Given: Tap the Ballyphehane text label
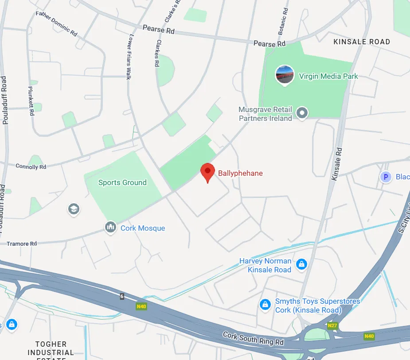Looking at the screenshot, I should click(x=240, y=173).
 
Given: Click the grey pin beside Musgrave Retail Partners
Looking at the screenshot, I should click(x=302, y=113).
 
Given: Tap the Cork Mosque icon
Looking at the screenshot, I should click(x=110, y=228).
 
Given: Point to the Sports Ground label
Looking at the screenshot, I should click(x=122, y=182).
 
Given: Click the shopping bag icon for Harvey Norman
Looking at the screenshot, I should click(x=301, y=264).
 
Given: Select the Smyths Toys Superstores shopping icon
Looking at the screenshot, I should click(x=265, y=305).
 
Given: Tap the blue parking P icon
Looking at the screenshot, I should click(x=386, y=177).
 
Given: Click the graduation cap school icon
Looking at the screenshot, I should click(x=74, y=209).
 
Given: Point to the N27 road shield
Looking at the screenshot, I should click(x=332, y=326).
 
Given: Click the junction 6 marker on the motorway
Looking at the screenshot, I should click(x=122, y=296).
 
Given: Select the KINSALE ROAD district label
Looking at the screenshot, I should click(x=362, y=42).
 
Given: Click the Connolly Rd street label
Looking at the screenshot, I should click(x=31, y=167).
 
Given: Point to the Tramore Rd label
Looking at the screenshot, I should click(x=21, y=244).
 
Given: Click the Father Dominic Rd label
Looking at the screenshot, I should click(x=56, y=24).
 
